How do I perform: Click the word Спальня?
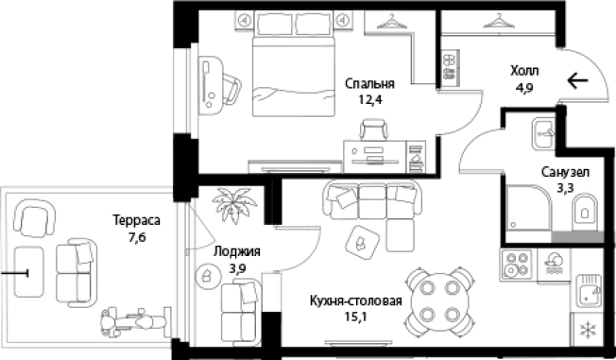point(370,83)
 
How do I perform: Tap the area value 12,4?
point(370,98)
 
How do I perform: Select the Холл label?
point(524,71)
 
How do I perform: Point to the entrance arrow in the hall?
point(579,80)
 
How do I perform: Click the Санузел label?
point(566,173)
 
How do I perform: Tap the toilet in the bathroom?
point(586,211)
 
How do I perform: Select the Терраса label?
point(136,219)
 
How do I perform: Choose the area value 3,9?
point(236,267)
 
